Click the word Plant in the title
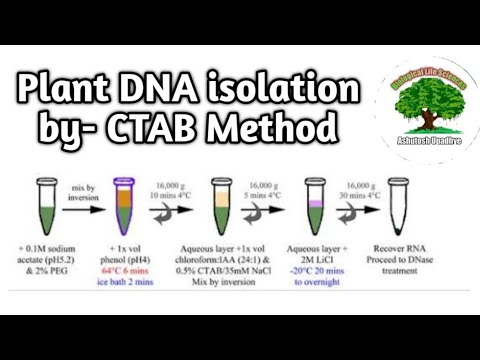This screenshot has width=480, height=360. tap(59, 93)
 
